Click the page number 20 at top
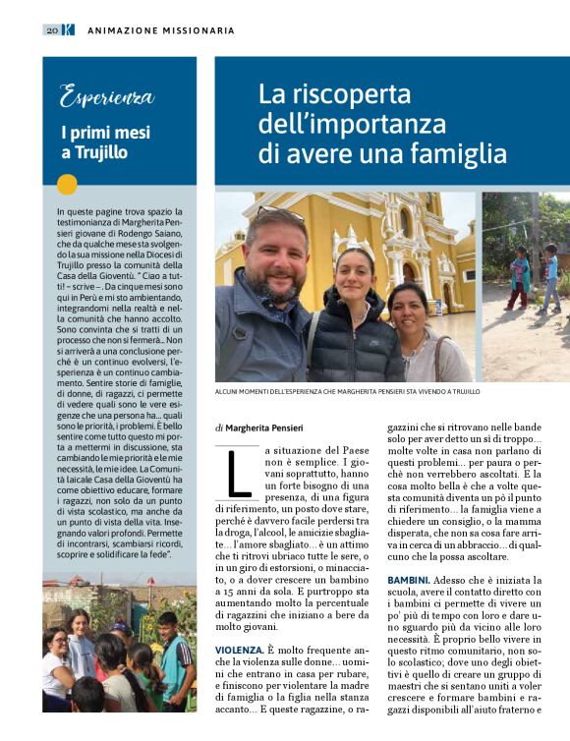point(50,30)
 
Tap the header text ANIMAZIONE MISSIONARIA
point(161,30)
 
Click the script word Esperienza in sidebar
point(106,96)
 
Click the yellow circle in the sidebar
point(67,184)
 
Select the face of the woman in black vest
point(354,277)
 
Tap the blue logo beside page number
point(68,30)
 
